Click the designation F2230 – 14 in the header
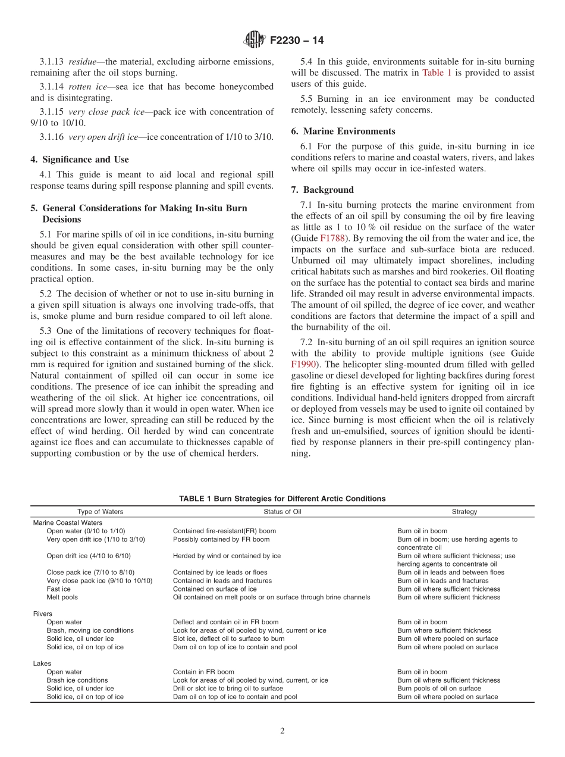(296, 41)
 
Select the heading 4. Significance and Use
(80, 159)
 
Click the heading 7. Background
(322, 190)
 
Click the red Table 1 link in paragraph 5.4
(437, 73)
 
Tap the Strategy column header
(464, 512)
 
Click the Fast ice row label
(58, 589)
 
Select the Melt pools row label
(62, 597)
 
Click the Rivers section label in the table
(42, 614)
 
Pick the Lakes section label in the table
(42, 664)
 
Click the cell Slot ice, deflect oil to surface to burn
(228, 639)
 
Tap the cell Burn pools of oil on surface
(439, 689)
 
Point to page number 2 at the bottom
(282, 731)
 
